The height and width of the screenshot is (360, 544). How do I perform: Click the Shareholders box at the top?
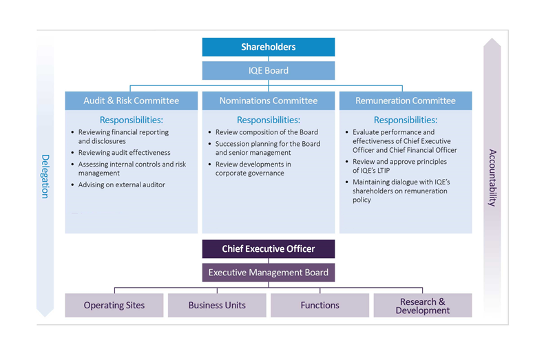(268, 47)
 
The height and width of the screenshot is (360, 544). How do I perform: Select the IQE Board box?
(268, 70)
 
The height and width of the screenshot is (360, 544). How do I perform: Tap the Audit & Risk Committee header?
(131, 100)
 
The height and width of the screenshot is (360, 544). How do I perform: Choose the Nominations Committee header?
(268, 100)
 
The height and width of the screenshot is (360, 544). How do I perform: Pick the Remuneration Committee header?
(405, 100)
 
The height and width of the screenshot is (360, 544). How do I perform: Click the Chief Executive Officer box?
(268, 248)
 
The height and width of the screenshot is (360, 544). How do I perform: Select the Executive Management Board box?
(268, 272)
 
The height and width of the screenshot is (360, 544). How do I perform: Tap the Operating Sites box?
(114, 305)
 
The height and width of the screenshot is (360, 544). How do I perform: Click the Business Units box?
(217, 305)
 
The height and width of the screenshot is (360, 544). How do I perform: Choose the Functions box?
(320, 305)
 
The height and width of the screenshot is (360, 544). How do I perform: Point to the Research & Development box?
(422, 306)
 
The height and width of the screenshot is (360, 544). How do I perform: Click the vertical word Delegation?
(45, 176)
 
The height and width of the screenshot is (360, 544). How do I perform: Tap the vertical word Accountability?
(492, 178)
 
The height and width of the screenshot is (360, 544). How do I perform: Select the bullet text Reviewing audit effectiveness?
(124, 153)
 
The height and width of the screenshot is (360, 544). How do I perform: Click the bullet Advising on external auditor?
(121, 184)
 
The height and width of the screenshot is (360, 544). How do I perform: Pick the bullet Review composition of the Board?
(266, 132)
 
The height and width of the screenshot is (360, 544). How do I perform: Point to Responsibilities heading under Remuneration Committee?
(405, 120)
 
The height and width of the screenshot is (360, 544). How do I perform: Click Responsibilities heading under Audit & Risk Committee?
(131, 120)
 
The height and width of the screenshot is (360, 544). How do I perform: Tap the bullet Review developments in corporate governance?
(253, 169)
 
